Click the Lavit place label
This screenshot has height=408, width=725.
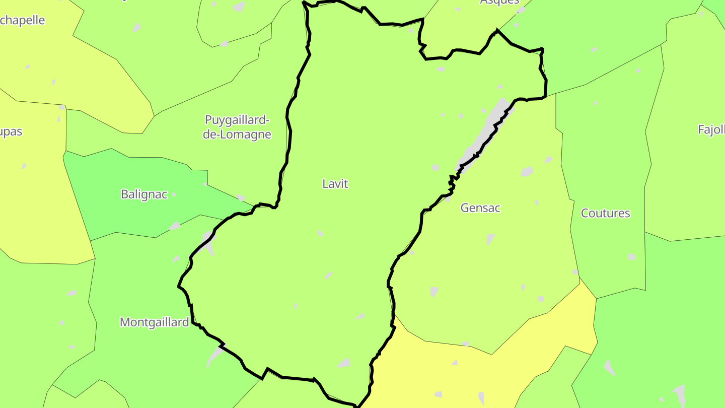pyautogui.click(x=335, y=184)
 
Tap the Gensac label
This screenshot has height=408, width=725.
pyautogui.click(x=480, y=208)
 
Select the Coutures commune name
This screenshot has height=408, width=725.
pyautogui.click(x=605, y=213)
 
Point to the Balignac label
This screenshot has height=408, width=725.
pyautogui.click(x=144, y=194)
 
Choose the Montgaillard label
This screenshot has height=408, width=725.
pyautogui.click(x=154, y=322)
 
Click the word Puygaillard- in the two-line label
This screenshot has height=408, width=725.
pyautogui.click(x=237, y=120)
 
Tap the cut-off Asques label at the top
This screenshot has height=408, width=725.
pyautogui.click(x=499, y=2)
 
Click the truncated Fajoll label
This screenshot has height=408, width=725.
pyautogui.click(x=711, y=129)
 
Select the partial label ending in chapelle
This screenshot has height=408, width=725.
pyautogui.click(x=23, y=21)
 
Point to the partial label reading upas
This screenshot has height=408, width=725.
pyautogui.click(x=11, y=132)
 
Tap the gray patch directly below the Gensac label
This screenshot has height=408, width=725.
pyautogui.click(x=490, y=239)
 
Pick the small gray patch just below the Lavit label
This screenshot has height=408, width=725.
pyautogui.click(x=320, y=233)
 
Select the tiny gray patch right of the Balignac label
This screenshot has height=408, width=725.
pyautogui.click(x=174, y=194)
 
